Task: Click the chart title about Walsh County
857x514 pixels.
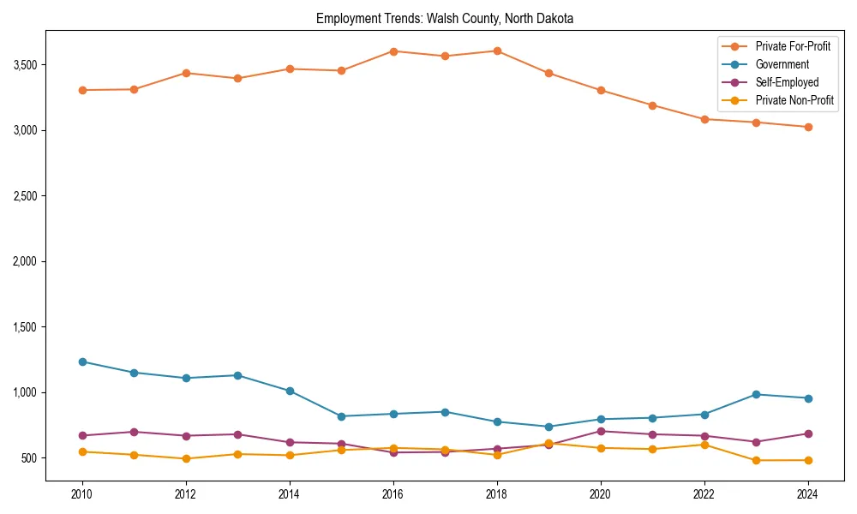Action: (x=445, y=18)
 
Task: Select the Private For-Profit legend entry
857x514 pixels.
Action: (x=793, y=46)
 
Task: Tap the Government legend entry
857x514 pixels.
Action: (x=782, y=64)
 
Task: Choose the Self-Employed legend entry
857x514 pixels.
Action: (x=787, y=82)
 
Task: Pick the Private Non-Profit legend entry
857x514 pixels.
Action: (x=794, y=100)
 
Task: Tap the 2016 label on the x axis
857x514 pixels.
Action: (x=393, y=494)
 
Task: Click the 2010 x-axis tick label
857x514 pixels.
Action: (x=82, y=494)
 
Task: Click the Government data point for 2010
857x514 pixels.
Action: (x=82, y=362)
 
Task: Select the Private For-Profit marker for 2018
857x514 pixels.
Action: (x=497, y=51)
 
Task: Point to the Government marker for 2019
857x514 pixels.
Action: (x=548, y=427)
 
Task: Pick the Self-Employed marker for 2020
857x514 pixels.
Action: (x=601, y=431)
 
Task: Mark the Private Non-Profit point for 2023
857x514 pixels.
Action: (x=756, y=460)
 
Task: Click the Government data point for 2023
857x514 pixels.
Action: (x=756, y=394)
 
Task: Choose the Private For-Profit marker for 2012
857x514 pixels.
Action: (x=186, y=73)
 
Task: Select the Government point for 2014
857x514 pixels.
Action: (x=290, y=391)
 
